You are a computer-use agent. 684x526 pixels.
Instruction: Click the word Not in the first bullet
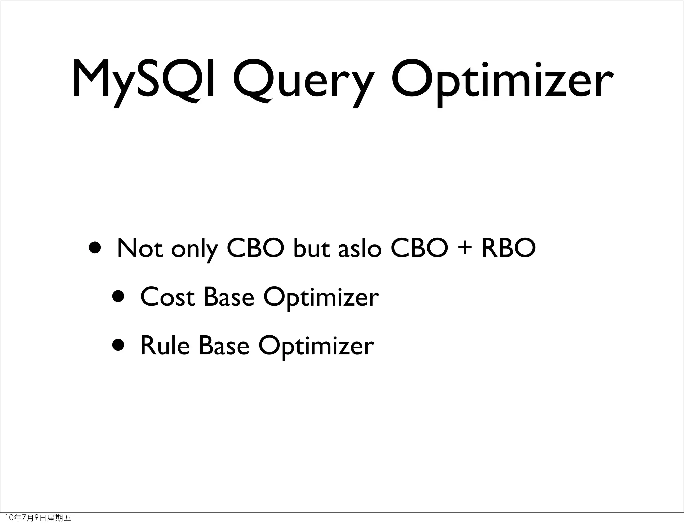140,248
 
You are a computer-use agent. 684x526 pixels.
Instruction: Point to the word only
195,250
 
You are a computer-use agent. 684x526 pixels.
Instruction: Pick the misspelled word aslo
359,248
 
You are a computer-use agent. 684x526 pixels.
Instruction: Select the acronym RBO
509,248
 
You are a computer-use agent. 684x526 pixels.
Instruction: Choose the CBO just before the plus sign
419,248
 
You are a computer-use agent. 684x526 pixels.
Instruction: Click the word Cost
167,297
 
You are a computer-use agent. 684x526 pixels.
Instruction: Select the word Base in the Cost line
229,297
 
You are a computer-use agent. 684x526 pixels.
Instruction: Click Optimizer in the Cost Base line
321,298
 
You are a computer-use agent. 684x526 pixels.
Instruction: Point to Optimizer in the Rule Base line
316,347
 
